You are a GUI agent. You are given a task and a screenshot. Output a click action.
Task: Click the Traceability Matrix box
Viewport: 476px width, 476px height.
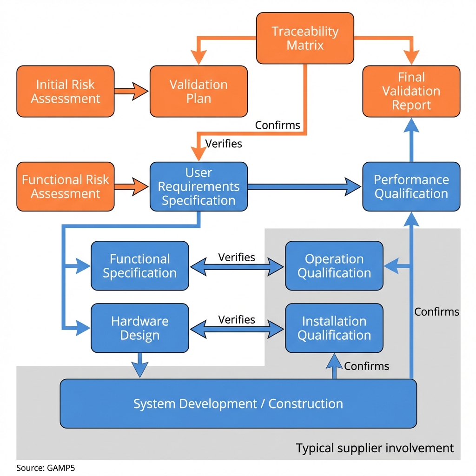click(305, 39)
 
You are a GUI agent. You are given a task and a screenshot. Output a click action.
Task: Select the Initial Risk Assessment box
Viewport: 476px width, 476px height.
click(66, 92)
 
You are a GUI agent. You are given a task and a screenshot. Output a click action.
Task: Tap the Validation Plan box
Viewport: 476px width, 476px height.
click(198, 92)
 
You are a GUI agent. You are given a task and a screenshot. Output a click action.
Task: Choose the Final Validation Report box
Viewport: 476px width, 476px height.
click(411, 92)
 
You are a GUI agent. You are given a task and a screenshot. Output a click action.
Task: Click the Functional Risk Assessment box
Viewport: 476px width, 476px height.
click(66, 186)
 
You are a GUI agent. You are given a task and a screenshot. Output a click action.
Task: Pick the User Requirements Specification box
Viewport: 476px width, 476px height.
click(198, 186)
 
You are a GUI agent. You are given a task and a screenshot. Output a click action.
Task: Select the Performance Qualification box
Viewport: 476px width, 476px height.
click(411, 186)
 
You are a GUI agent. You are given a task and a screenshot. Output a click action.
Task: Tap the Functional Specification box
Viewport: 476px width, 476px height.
click(139, 266)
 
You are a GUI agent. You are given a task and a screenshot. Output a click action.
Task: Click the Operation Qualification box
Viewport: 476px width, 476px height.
click(334, 266)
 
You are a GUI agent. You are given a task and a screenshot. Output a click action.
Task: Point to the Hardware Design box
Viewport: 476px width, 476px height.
click(139, 328)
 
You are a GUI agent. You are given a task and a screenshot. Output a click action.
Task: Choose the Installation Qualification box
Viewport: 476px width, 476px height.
click(334, 328)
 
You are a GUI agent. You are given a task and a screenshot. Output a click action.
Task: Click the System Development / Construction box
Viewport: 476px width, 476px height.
click(238, 403)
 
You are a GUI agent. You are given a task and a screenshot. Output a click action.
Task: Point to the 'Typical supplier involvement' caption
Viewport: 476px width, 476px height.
click(375, 448)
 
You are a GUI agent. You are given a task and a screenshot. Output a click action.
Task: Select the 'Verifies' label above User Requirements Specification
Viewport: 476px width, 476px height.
click(224, 144)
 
